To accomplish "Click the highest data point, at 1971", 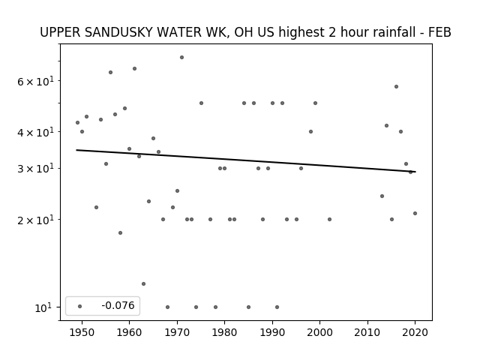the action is coord(181,57).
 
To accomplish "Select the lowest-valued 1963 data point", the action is coord(143,283).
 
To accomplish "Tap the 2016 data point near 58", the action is coord(396,87).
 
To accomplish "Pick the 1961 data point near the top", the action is coord(134,68).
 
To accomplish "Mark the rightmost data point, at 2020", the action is coord(415,213).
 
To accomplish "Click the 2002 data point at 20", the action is coord(329,219).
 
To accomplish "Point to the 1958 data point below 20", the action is coord(120,232).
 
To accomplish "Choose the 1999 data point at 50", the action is coord(315,103).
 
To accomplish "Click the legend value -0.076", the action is coord(118,305).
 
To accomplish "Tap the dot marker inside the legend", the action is coord(80,306).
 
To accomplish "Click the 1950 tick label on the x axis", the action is coord(82,332).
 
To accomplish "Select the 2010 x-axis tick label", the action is coord(367,332).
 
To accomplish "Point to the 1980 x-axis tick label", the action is coord(224,332).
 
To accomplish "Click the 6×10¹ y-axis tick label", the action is coord(35,82).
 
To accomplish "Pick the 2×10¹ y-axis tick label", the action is coord(35,220).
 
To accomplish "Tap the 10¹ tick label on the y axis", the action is coord(44,307).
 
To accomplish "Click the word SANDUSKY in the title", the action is coord(118,32).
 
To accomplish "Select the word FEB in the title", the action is coord(440,32).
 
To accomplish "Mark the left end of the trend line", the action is coord(76,150).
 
